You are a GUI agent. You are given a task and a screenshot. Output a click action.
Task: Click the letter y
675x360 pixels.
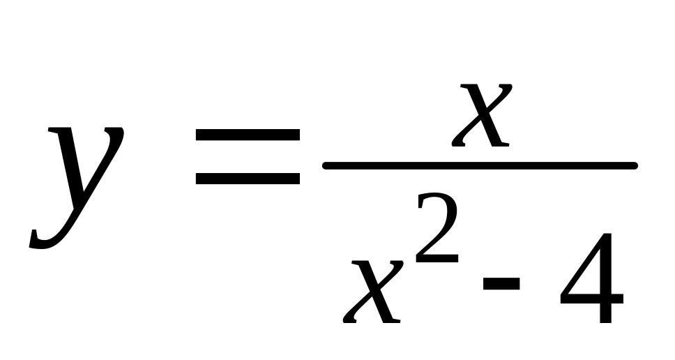(77, 185)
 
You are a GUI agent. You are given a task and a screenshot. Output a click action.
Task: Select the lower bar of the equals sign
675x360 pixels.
(248, 179)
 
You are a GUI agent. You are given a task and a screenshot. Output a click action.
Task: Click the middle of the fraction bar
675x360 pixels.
(480, 165)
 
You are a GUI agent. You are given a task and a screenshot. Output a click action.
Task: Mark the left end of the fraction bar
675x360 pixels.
(326, 165)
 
